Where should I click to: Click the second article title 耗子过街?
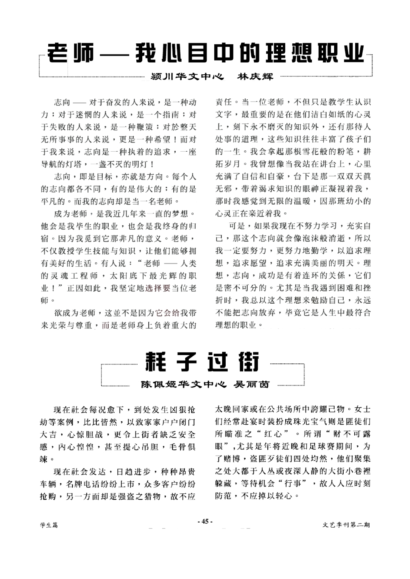coord(202,362)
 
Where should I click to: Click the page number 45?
coord(205,521)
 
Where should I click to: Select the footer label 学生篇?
coord(49,525)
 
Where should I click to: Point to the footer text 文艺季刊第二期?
coord(346,525)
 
